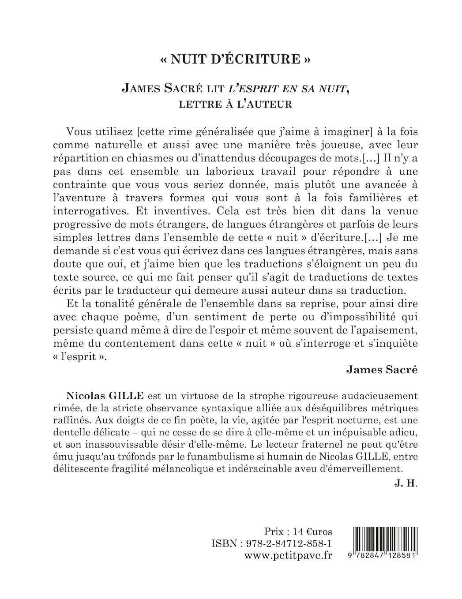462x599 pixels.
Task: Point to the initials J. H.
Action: tap(410, 483)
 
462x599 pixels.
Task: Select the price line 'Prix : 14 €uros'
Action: tap(298, 531)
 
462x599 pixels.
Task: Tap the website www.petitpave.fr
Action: tap(288, 555)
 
